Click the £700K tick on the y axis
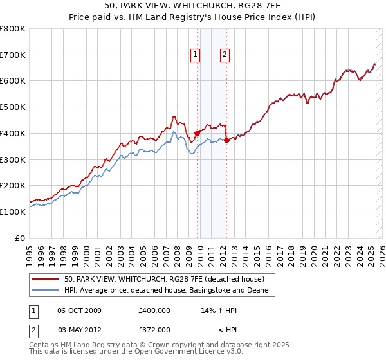(13, 55)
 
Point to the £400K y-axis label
(13, 133)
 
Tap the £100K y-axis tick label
(13, 212)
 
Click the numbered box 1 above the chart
(195, 55)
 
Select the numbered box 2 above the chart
(225, 55)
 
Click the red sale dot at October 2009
(197, 134)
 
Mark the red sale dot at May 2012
(226, 141)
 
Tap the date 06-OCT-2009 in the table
(79, 310)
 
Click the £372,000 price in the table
(154, 329)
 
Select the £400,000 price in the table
(154, 310)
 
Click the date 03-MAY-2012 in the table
(79, 329)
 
